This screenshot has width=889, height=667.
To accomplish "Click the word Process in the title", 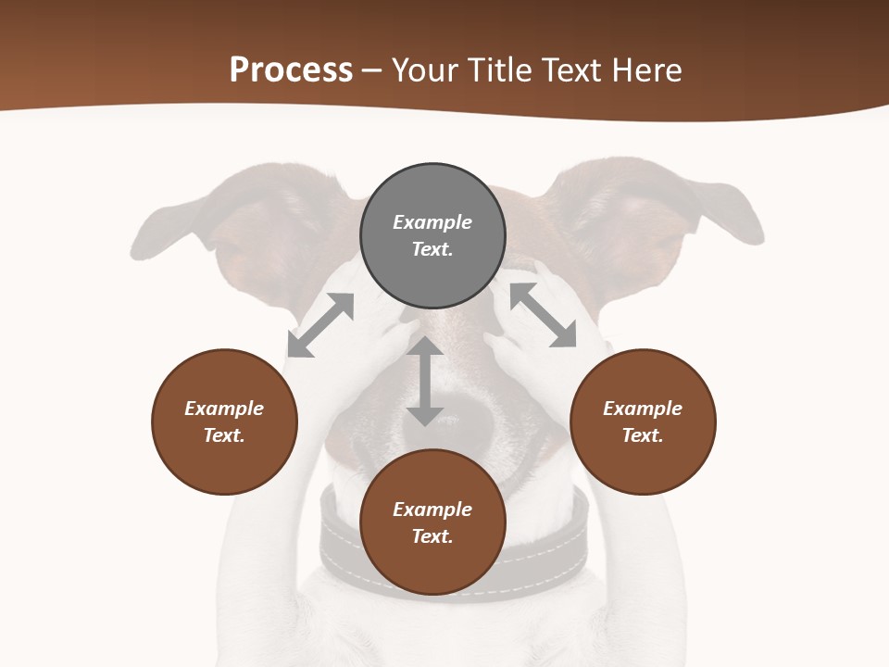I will [x=291, y=70].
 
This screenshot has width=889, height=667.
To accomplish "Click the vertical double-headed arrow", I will [x=425, y=381].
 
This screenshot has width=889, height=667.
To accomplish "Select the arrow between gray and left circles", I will [x=320, y=325].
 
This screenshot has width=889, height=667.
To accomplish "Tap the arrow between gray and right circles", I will [x=544, y=316].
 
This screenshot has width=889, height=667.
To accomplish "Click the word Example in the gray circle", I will [x=432, y=222].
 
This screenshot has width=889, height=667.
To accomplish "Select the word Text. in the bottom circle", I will [x=432, y=536].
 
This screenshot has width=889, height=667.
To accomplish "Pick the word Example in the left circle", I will [x=224, y=409].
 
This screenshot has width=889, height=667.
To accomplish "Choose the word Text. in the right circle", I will [x=643, y=435].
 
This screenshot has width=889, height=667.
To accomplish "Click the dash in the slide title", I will [x=372, y=70].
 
